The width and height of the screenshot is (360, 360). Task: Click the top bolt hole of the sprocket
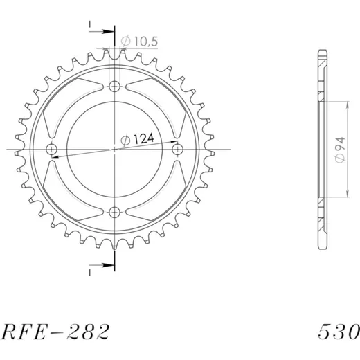114,87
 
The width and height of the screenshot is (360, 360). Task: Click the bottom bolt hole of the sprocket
114,212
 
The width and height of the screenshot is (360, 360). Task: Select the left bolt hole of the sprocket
52,150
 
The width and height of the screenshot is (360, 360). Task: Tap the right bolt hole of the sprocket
177,150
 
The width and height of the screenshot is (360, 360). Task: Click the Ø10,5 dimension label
139,42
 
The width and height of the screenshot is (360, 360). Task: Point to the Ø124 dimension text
137,139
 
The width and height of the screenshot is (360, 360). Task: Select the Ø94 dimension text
341,150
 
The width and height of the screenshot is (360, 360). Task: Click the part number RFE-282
55,332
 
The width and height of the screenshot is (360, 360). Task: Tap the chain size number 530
339,332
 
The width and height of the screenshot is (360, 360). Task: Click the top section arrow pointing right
102,31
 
